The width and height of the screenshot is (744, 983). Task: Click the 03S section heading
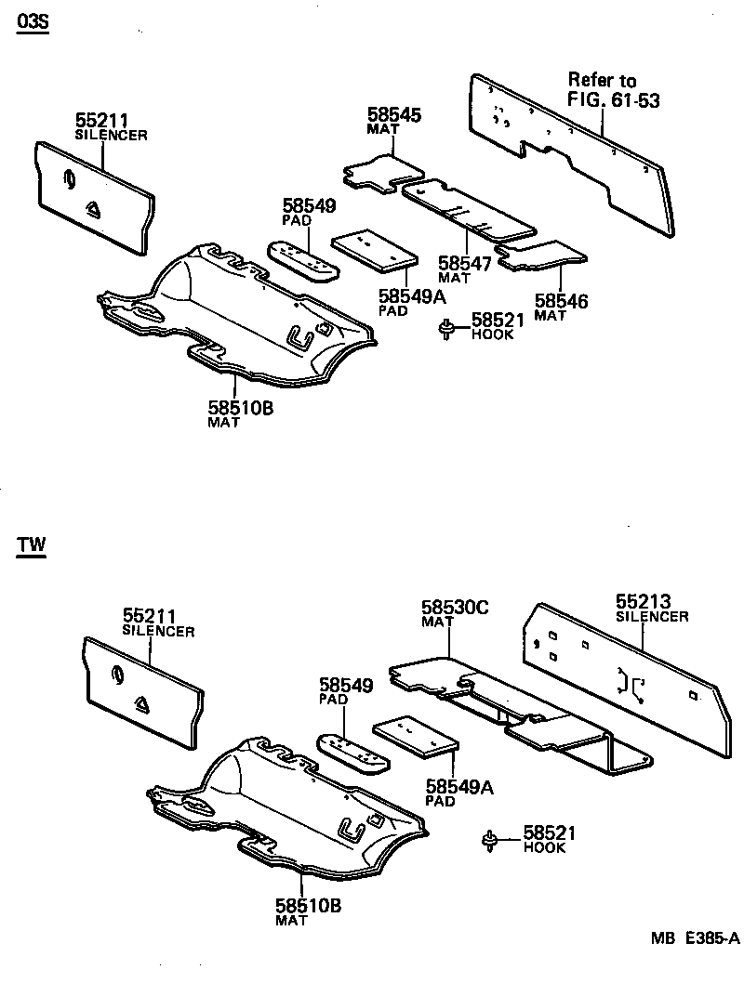click(31, 20)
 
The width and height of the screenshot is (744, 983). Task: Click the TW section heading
click(30, 544)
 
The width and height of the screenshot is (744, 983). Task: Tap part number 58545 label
click(394, 115)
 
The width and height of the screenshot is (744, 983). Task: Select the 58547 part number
click(465, 264)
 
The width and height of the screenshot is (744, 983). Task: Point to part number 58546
click(562, 301)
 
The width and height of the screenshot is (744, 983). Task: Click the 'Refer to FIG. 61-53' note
click(614, 90)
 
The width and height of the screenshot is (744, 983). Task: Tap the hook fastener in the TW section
click(490, 841)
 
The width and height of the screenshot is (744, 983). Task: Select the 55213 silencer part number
click(644, 601)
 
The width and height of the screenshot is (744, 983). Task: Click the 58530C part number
click(455, 608)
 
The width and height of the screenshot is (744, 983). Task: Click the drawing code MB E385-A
click(694, 938)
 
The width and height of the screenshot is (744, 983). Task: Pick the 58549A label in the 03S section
click(412, 296)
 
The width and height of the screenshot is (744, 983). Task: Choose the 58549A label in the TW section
click(458, 788)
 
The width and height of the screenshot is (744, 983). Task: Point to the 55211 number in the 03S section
click(102, 121)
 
